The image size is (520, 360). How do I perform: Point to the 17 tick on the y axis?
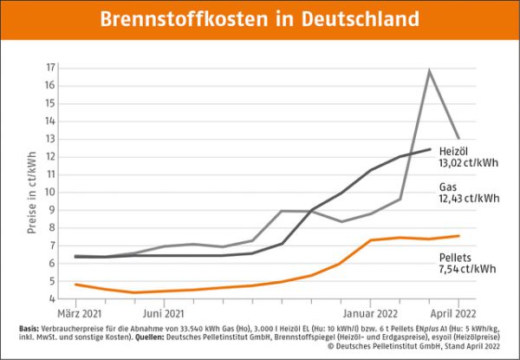pyautogui.click(x=51, y=68)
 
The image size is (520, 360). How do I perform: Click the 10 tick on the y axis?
pyautogui.click(x=51, y=192)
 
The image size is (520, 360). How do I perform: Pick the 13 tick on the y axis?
pyautogui.click(x=51, y=139)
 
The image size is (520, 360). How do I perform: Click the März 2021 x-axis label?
pyautogui.click(x=80, y=312)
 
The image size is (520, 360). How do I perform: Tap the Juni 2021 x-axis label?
pyautogui.click(x=162, y=312)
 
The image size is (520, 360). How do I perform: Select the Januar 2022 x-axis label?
pyautogui.click(x=370, y=312)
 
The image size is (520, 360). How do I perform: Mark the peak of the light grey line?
pyautogui.click(x=429, y=70)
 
